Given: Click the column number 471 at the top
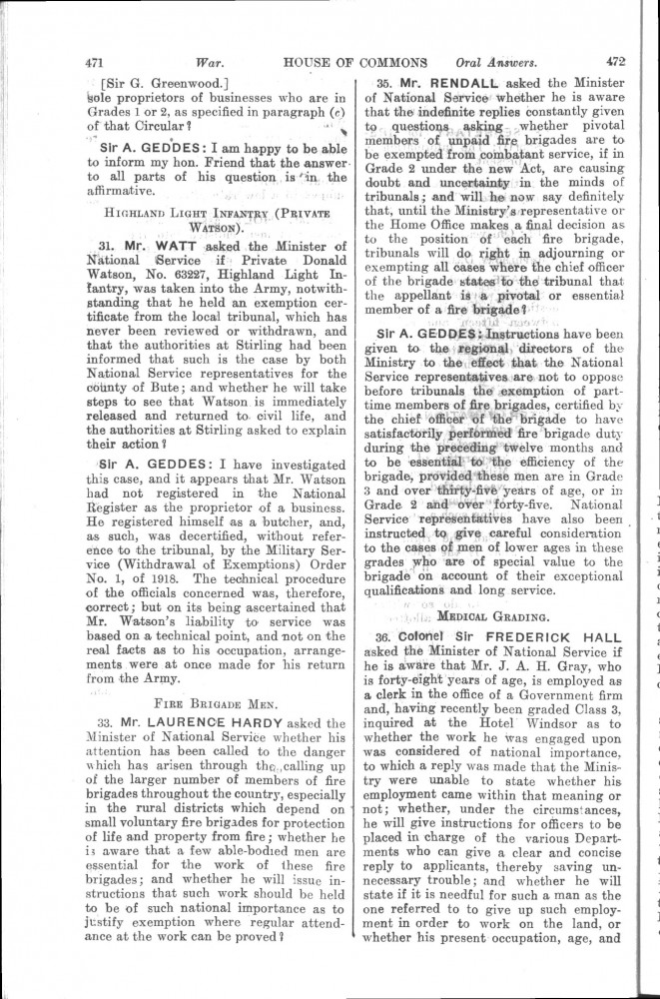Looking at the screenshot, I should click(97, 61).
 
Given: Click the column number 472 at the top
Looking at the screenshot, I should click(614, 60).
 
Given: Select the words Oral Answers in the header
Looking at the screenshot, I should click(488, 61).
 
